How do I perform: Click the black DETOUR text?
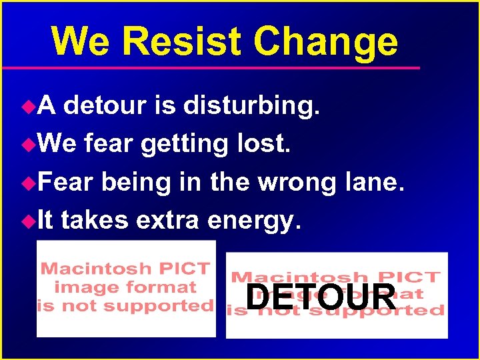pos(321,297)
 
